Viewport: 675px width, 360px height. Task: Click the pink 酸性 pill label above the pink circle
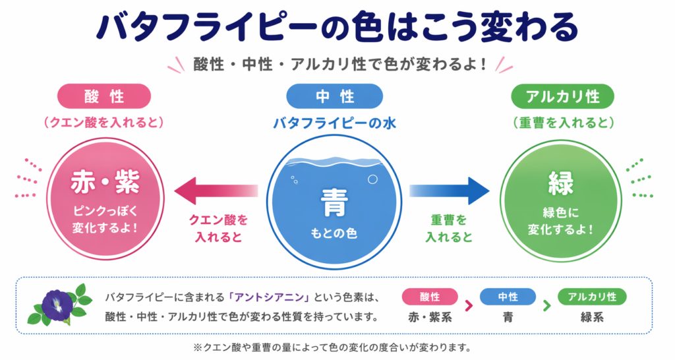pos(104,96)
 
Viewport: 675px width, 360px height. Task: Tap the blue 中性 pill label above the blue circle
pos(334,96)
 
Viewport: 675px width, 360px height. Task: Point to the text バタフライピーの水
pos(334,123)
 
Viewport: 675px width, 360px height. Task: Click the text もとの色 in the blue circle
pos(334,233)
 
